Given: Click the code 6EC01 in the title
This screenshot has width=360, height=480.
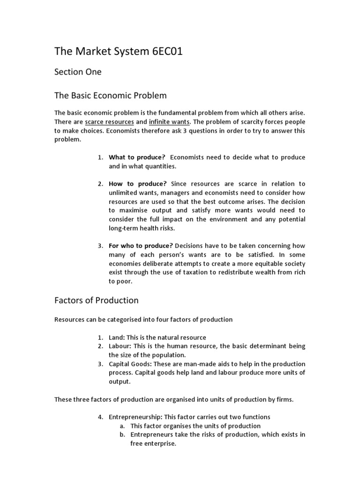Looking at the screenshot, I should pyautogui.click(x=163, y=52).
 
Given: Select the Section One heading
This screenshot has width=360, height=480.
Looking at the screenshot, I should pyautogui.click(x=78, y=72).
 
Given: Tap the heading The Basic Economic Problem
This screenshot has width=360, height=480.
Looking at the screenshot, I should pyautogui.click(x=111, y=96).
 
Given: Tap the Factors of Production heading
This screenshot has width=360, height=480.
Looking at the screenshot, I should pyautogui.click(x=97, y=300).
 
